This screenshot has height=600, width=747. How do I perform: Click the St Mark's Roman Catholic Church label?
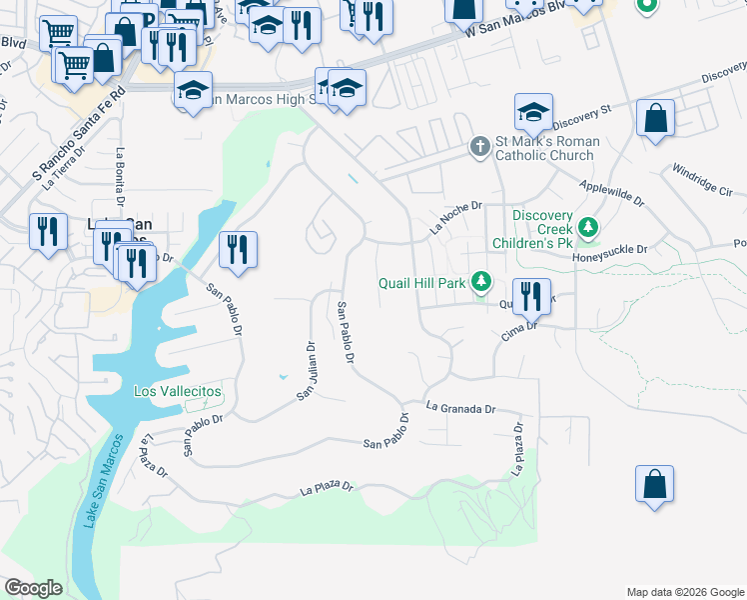(545, 148)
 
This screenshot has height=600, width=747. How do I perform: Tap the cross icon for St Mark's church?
(479, 147)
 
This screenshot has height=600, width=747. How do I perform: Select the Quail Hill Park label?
(422, 283)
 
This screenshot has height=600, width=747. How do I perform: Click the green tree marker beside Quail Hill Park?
(481, 282)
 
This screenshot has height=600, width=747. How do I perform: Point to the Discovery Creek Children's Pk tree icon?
(588, 229)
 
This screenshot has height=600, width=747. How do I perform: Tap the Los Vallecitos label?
(178, 391)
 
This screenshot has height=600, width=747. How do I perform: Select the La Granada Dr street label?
(460, 408)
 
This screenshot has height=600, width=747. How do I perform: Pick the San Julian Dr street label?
(306, 372)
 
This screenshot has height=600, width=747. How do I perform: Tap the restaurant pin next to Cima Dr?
(532, 297)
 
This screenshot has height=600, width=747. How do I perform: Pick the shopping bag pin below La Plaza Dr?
(653, 485)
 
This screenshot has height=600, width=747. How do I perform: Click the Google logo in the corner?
(33, 588)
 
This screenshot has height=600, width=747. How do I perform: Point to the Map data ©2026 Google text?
(685, 592)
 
